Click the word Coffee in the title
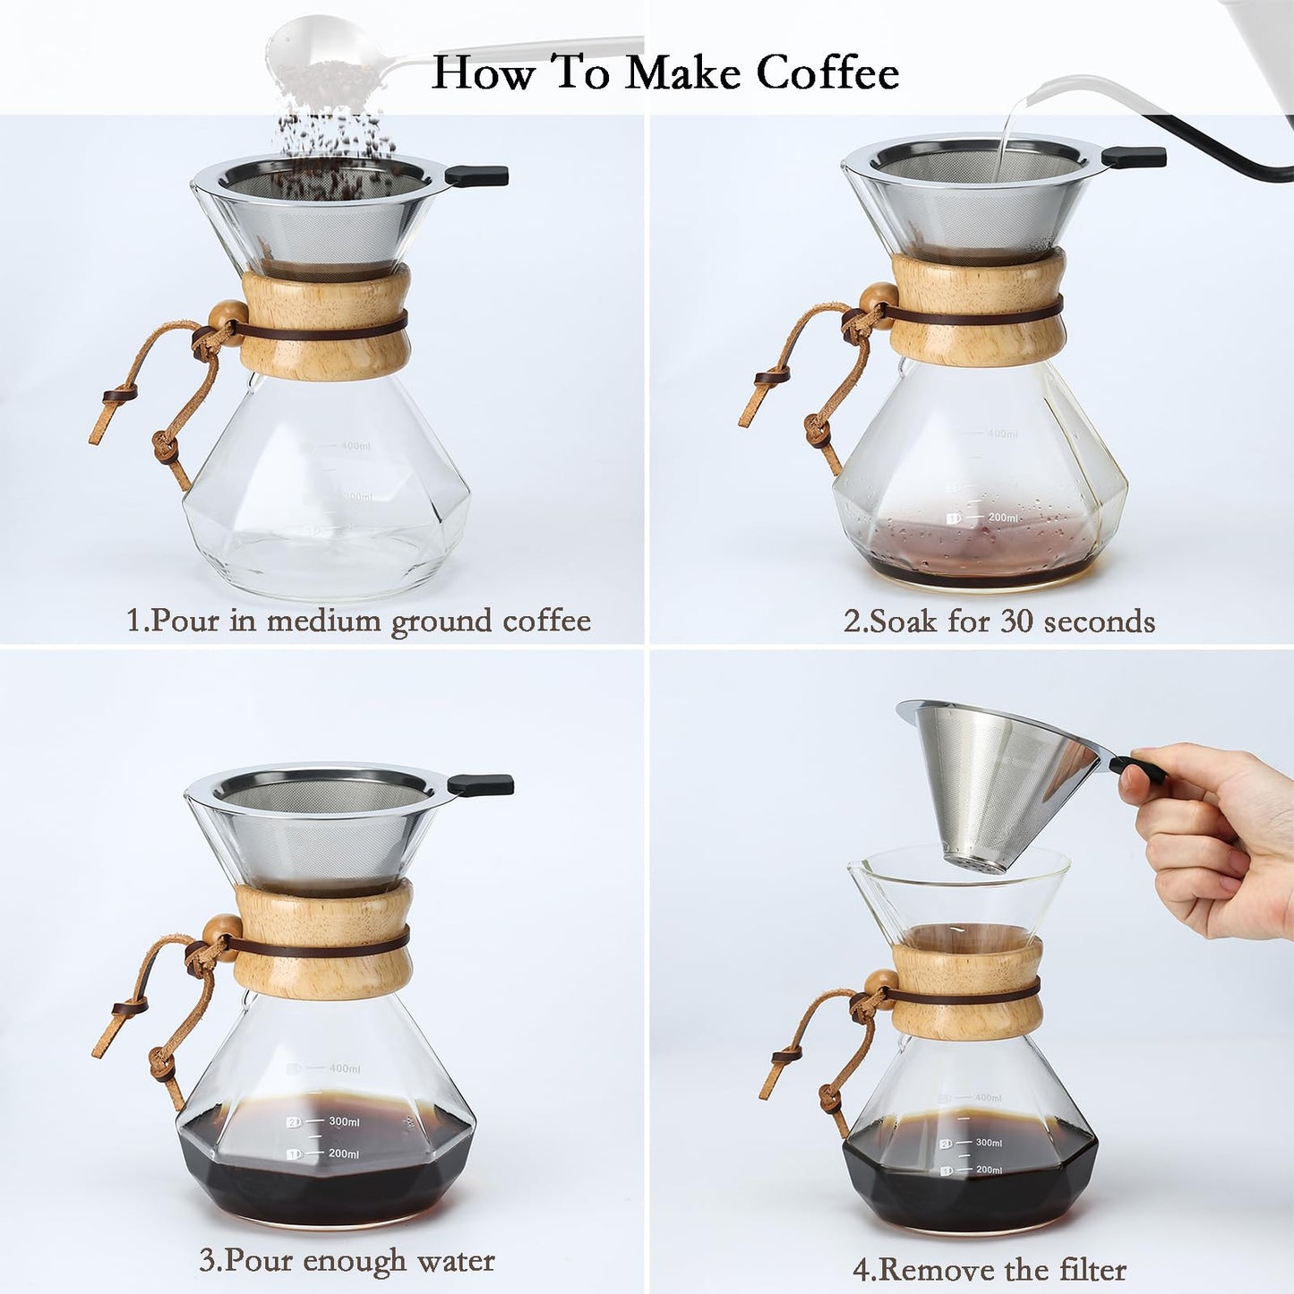(x=827, y=72)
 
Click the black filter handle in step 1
(x=476, y=176)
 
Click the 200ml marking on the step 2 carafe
(x=1003, y=518)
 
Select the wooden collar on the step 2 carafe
(x=978, y=309)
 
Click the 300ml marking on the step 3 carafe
(x=344, y=1121)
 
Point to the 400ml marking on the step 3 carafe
(x=344, y=1068)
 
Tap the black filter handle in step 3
(x=481, y=785)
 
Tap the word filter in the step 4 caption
(x=1092, y=1269)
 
